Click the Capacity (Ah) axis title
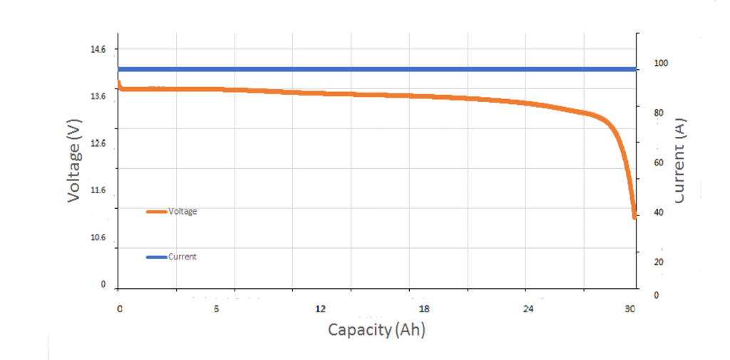(376, 330)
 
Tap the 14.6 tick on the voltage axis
(97, 50)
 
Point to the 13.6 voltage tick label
(97, 97)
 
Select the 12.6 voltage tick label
(97, 144)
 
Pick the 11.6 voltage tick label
(97, 191)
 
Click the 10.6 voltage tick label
(97, 238)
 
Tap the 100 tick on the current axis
(662, 63)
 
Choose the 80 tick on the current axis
(659, 113)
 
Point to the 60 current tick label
(659, 163)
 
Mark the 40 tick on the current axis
(659, 212)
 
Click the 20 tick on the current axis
(659, 262)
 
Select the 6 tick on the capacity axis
(216, 309)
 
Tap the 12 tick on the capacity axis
(321, 309)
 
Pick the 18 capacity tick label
(424, 309)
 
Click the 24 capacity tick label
(528, 309)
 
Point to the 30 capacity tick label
(629, 309)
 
